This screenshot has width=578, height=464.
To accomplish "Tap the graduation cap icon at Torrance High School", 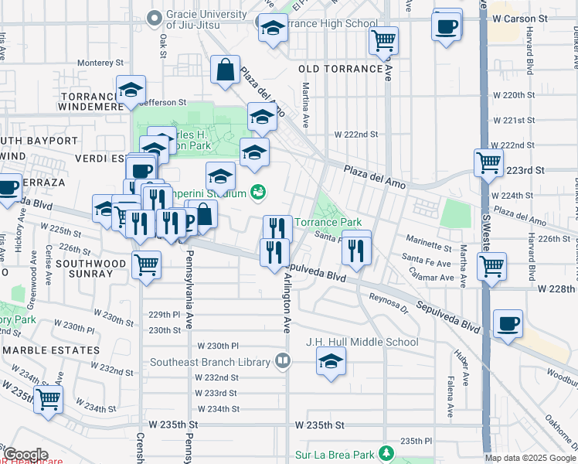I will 271,29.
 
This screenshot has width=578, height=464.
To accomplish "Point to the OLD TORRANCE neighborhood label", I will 340,69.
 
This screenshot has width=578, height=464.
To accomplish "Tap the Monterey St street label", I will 98,63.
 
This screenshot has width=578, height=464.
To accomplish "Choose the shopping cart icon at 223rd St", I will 488,162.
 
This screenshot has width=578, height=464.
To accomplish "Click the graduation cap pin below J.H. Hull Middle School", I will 331,361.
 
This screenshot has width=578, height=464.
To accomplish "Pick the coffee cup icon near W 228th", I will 508,323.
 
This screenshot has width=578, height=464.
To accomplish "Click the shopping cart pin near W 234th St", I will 48,400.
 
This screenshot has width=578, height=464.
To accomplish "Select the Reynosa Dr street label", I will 387,298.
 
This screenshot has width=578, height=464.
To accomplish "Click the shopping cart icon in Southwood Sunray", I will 147,264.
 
